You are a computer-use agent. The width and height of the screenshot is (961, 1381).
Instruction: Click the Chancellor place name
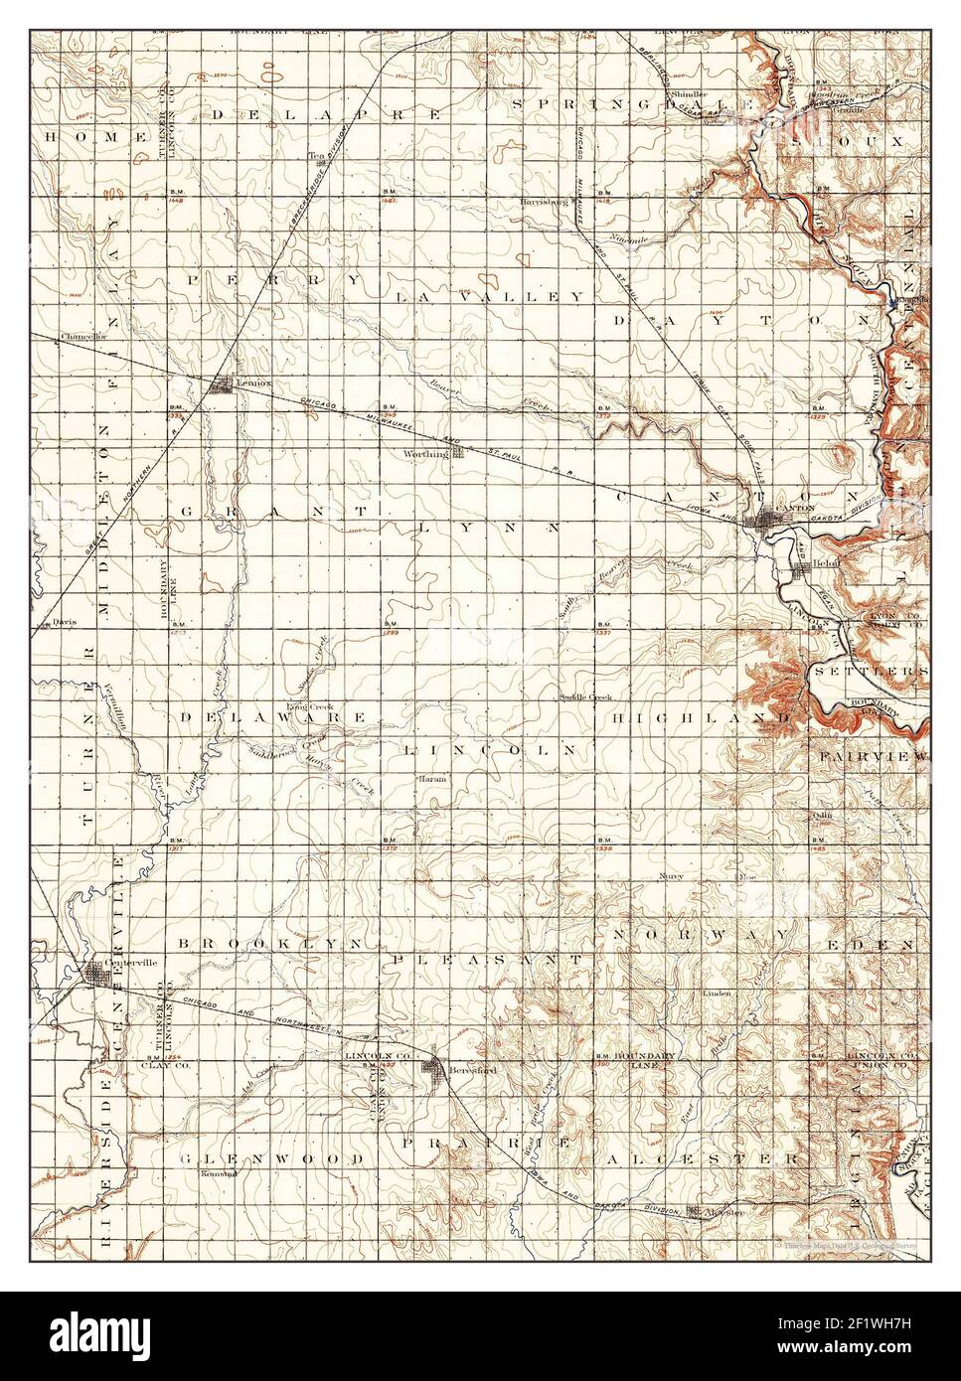coord(83,337)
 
